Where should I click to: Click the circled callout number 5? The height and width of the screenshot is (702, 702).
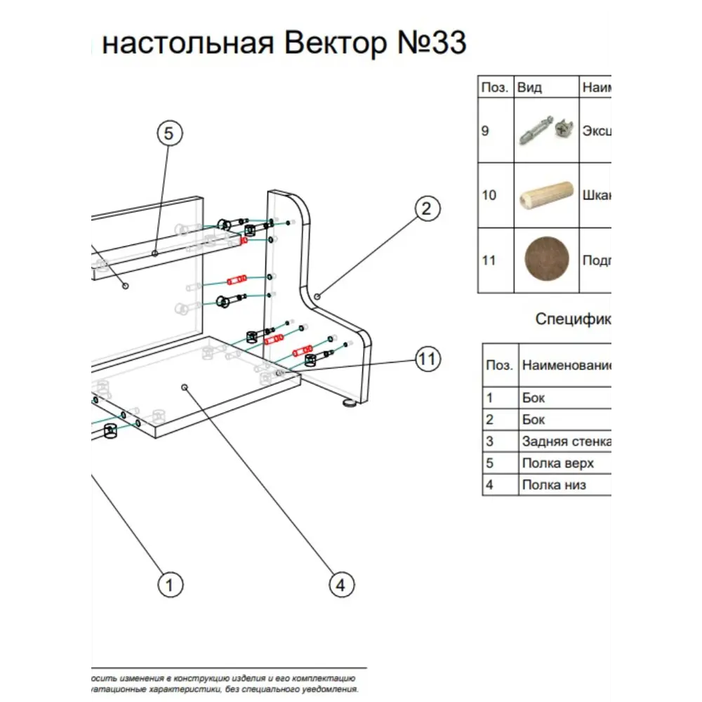click(169, 133)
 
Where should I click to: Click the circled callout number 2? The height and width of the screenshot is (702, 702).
click(427, 208)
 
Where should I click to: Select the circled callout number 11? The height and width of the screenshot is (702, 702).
click(427, 359)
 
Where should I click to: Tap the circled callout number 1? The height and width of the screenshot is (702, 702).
click(169, 584)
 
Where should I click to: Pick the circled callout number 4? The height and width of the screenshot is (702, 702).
click(340, 584)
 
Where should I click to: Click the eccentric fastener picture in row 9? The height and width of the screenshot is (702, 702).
click(546, 131)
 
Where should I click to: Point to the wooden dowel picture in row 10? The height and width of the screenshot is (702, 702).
click(546, 195)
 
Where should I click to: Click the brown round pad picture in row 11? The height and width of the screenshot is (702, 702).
click(547, 260)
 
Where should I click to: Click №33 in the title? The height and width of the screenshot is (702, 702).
click(432, 44)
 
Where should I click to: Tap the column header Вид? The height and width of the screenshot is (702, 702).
click(530, 88)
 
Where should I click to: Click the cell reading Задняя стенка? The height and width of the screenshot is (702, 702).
click(566, 442)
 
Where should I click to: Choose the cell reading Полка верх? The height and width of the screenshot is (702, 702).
click(557, 463)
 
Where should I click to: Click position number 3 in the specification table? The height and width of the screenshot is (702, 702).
click(490, 442)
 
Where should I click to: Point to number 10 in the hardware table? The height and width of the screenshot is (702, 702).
click(489, 195)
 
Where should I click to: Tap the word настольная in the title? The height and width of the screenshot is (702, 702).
click(187, 44)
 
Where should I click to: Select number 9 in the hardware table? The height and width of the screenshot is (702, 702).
click(486, 131)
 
